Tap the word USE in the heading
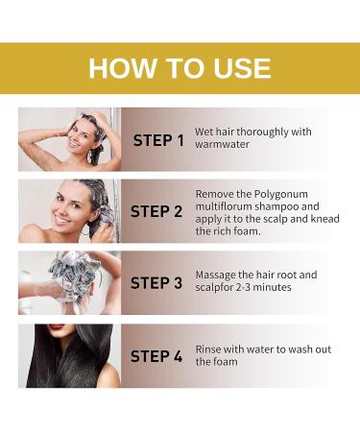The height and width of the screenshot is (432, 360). [x=242, y=68]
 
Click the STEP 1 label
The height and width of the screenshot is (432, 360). [x=158, y=140]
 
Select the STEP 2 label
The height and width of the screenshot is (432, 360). [x=156, y=212]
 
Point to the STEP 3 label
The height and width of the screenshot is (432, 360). [x=156, y=283]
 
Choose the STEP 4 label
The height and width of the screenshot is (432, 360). [x=156, y=356]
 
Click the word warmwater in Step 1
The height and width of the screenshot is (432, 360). [x=222, y=144]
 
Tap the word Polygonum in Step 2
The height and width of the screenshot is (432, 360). [x=281, y=195]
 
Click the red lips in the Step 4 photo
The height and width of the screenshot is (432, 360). [x=57, y=327]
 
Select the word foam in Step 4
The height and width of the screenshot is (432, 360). [x=228, y=362]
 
